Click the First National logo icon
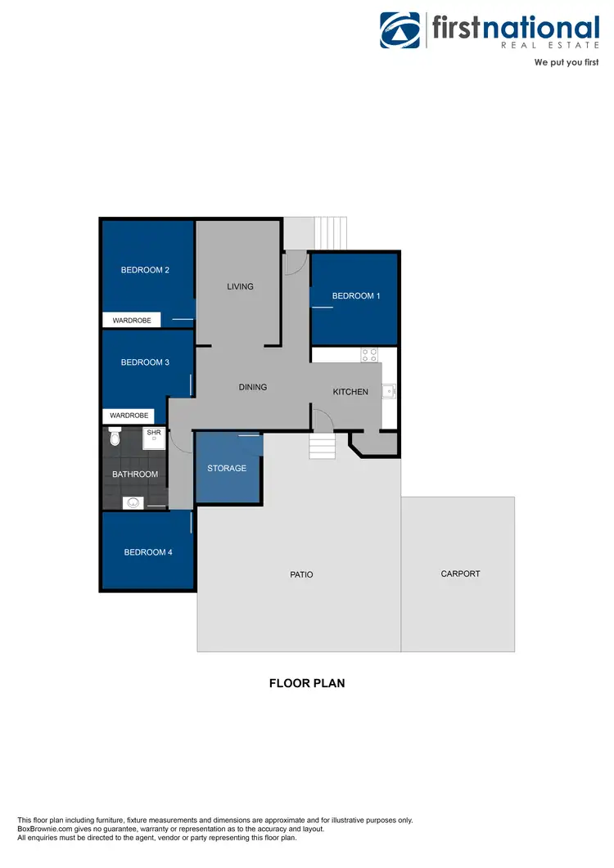tap(400, 30)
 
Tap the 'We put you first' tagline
tap(567, 62)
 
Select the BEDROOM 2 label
tap(145, 270)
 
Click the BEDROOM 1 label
tap(356, 296)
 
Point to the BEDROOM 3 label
tap(145, 362)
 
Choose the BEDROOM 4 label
tap(148, 552)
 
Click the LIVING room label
tap(240, 287)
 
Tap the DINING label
tap(253, 387)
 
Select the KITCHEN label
tap(350, 392)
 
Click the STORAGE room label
tap(227, 469)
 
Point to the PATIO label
tap(301, 575)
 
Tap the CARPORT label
tap(460, 573)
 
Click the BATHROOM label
tap(135, 474)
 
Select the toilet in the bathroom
tap(115, 439)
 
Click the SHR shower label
tap(153, 432)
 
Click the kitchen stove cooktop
tap(369, 356)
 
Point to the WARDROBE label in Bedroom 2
tap(132, 321)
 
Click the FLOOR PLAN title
tap(307, 683)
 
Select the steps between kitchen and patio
tap(322, 447)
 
